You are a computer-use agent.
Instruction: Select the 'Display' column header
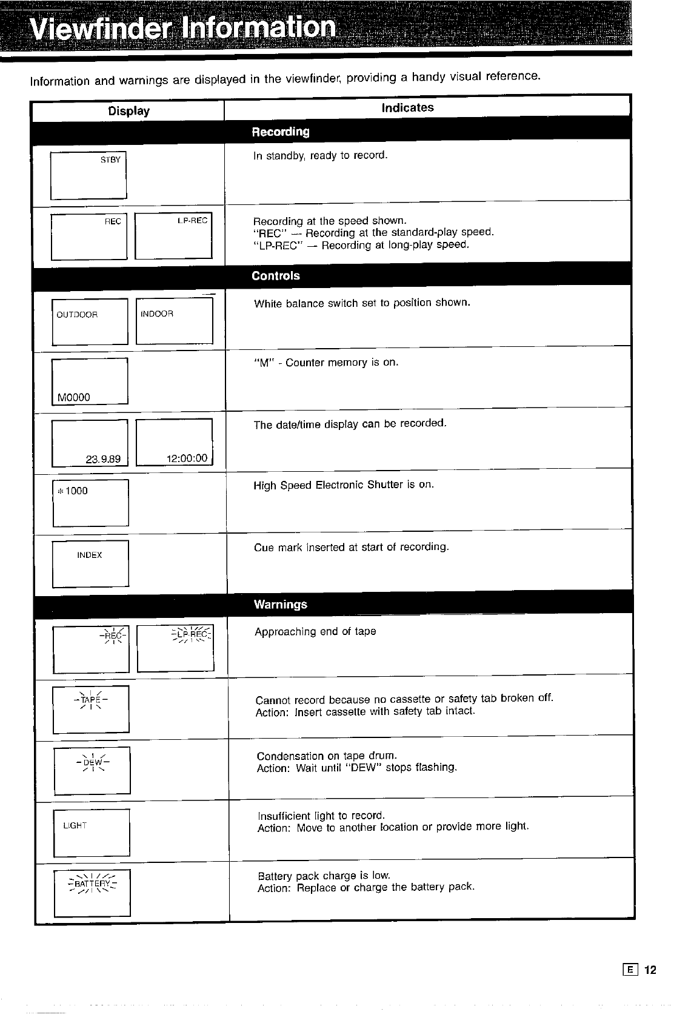(x=129, y=111)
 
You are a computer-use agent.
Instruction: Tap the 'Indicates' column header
(x=407, y=108)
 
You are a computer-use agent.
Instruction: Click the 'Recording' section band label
(x=280, y=132)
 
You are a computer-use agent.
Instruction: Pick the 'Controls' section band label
(x=276, y=276)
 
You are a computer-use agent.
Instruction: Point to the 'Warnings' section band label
(x=281, y=605)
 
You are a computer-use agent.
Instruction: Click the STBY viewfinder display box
(x=88, y=175)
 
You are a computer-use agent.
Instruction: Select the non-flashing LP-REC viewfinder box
(x=173, y=237)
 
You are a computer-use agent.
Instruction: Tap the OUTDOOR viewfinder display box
(x=90, y=321)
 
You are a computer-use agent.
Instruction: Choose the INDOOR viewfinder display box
(x=175, y=321)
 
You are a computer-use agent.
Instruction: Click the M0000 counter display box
(x=90, y=381)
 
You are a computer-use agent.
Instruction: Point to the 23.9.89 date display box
(x=90, y=442)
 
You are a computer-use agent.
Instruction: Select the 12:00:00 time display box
(x=174, y=442)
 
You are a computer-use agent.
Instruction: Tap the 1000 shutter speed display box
(x=91, y=503)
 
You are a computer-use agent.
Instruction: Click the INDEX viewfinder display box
(x=91, y=564)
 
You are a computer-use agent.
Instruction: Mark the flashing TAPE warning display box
(x=91, y=709)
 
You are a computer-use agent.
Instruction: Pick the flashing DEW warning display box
(x=92, y=771)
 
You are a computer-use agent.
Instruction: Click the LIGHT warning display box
(x=92, y=833)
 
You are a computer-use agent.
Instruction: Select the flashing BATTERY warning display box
(x=92, y=893)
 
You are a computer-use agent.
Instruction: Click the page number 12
(x=650, y=970)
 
